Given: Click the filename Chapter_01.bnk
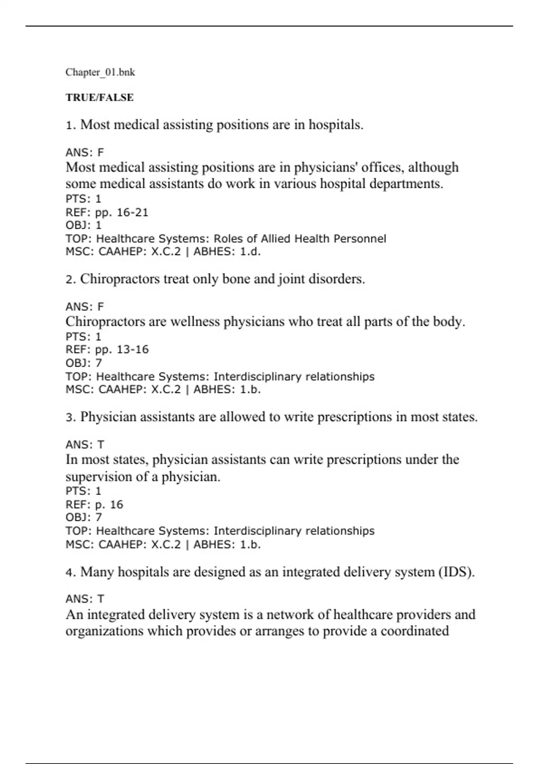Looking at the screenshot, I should point(100,72).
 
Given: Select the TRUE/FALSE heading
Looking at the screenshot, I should point(100,98).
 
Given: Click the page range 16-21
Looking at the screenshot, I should point(133,212).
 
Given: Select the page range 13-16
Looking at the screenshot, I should point(133,349).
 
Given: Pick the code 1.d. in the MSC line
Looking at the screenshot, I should point(250,252).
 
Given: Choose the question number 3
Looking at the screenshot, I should point(71,418).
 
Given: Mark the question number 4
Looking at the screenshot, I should point(71,573).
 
